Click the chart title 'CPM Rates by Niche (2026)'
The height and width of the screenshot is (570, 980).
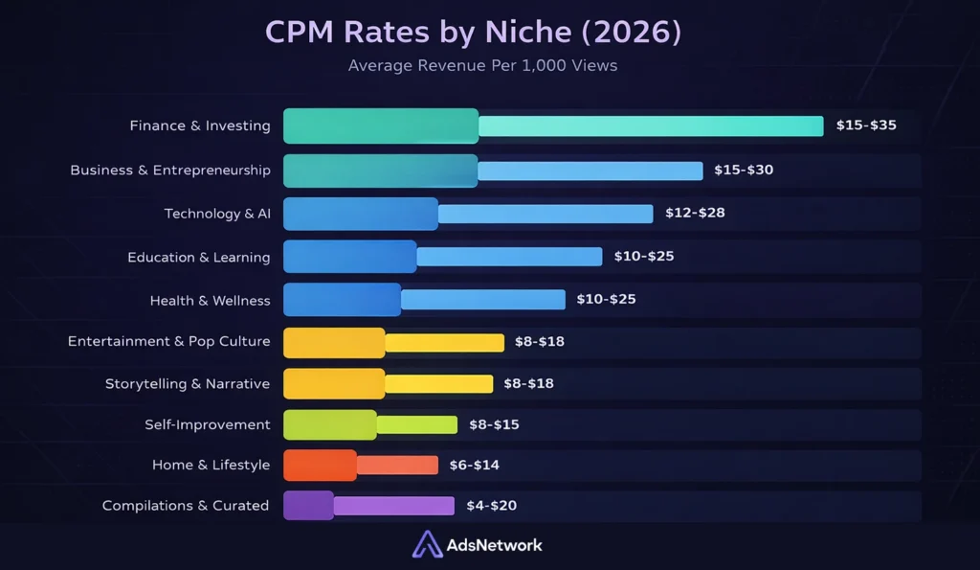(x=473, y=33)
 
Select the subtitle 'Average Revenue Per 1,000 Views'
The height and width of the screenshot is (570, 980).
(x=482, y=66)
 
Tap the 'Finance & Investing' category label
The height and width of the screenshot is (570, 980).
(x=200, y=125)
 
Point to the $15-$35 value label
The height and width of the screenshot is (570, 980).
(x=866, y=125)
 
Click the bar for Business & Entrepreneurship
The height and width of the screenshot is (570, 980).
(x=493, y=171)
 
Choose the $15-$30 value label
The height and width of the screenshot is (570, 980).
(x=744, y=171)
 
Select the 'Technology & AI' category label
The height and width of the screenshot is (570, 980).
(x=217, y=214)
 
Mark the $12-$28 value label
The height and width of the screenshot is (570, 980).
(x=695, y=213)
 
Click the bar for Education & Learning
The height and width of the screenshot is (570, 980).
(x=442, y=257)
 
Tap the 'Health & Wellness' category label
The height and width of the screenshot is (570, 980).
(x=210, y=301)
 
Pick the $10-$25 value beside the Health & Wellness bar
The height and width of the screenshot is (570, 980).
(x=606, y=300)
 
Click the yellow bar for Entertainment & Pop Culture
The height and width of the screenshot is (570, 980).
(x=393, y=342)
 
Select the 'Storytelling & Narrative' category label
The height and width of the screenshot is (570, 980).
(x=188, y=384)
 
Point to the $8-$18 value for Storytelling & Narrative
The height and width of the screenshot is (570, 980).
(x=528, y=384)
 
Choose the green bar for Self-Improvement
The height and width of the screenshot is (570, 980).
(x=370, y=424)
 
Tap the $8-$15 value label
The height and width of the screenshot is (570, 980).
(x=494, y=424)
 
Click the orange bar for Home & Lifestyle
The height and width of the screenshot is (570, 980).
(x=360, y=466)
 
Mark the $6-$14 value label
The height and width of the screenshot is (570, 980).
(x=474, y=466)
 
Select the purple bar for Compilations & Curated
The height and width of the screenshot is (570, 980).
(x=368, y=506)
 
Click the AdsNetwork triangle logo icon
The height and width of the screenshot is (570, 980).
(x=427, y=544)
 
